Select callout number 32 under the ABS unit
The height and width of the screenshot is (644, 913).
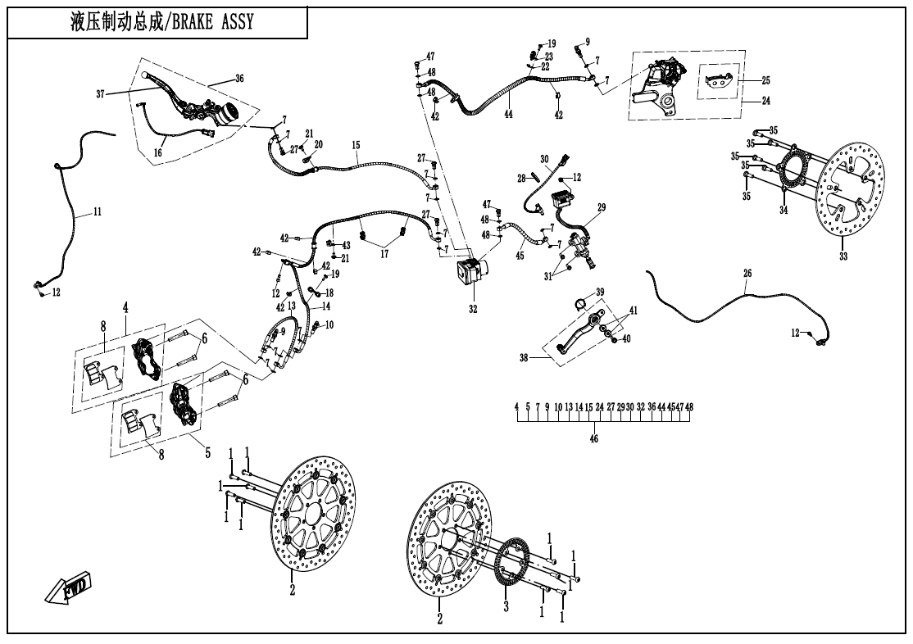coord(472,310)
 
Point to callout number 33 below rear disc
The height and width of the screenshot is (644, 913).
coord(844,256)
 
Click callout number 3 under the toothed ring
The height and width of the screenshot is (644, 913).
coord(506,607)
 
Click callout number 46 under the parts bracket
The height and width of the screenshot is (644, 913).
coord(594,439)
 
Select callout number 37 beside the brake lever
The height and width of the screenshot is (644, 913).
coord(101,94)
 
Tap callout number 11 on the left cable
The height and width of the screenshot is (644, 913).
coord(97,211)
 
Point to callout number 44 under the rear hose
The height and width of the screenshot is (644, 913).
coord(508,113)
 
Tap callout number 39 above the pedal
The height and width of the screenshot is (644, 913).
coord(600,293)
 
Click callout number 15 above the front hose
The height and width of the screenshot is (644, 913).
coord(356,145)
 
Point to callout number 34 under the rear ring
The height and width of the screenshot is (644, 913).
coord(783,211)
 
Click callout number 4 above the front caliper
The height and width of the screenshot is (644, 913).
coord(126,307)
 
